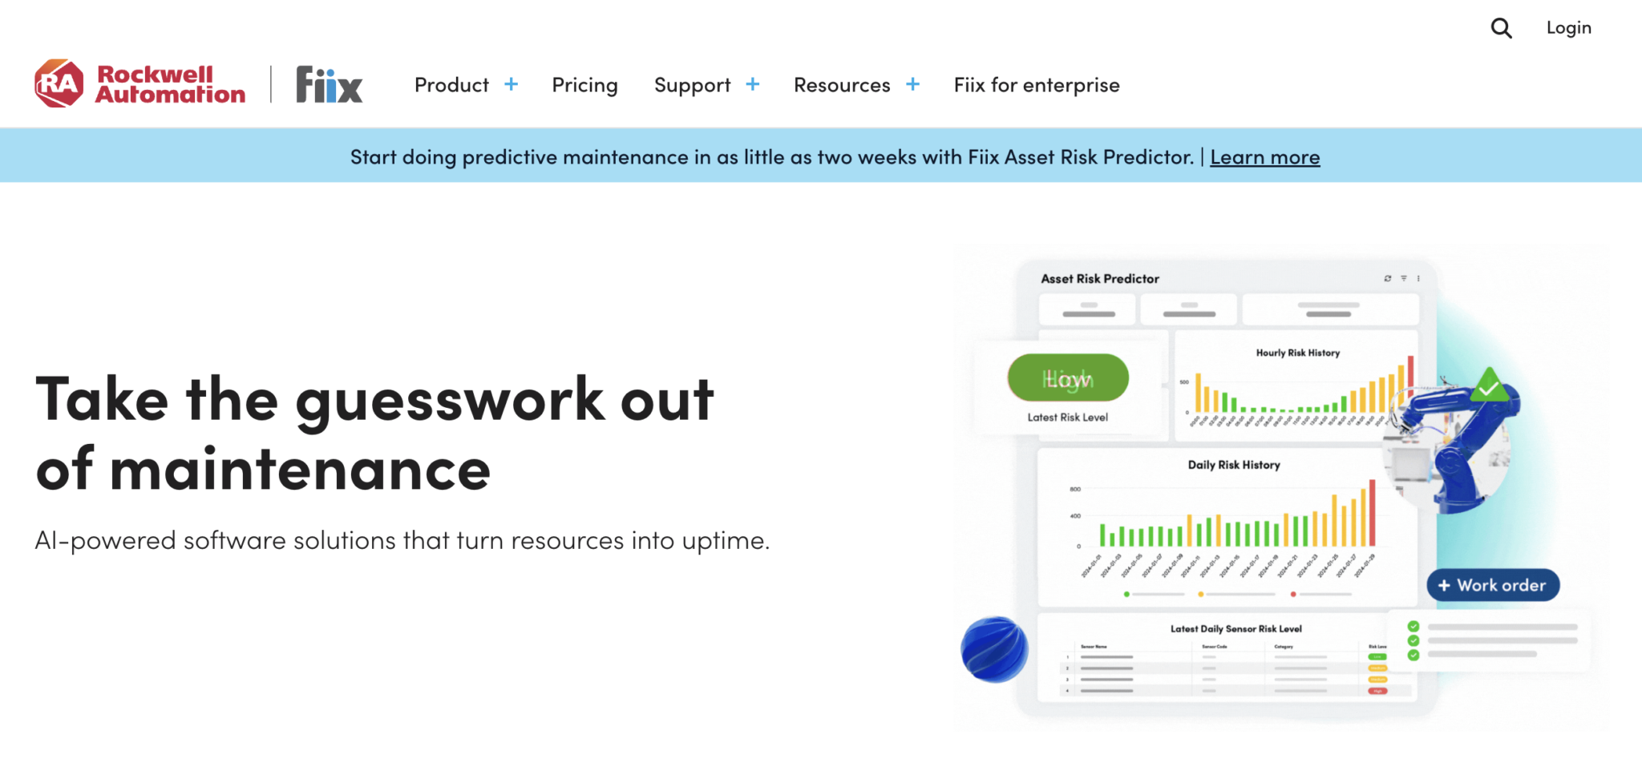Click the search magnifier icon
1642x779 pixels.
pos(1501,29)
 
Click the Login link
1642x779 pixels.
pos(1568,28)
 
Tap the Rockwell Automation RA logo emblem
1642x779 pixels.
pos(59,83)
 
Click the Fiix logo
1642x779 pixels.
pos(329,84)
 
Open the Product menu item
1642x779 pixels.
pos(451,85)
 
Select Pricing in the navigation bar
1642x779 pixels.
pos(584,85)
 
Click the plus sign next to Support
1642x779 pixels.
pos(752,84)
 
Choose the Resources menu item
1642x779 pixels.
pos(842,85)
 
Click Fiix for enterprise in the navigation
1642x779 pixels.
pos(1036,85)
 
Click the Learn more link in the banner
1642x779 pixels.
pos(1264,157)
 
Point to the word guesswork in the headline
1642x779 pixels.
pos(450,400)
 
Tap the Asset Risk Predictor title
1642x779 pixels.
pos(1099,279)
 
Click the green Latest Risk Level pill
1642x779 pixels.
pos(1068,378)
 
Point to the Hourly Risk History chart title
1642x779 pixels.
pos(1297,353)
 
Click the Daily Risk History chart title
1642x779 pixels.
pos(1233,465)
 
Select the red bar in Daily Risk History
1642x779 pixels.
pos(1372,513)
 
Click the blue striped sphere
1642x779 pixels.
pos(994,649)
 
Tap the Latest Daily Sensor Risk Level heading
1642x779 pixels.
pos(1236,629)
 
